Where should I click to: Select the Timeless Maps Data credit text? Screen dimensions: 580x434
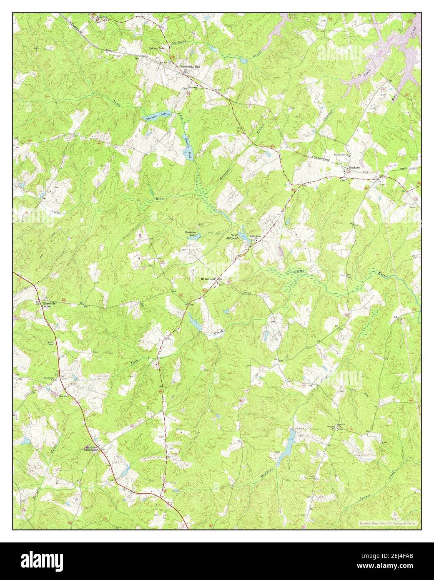pyautogui.click(x=389, y=523)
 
